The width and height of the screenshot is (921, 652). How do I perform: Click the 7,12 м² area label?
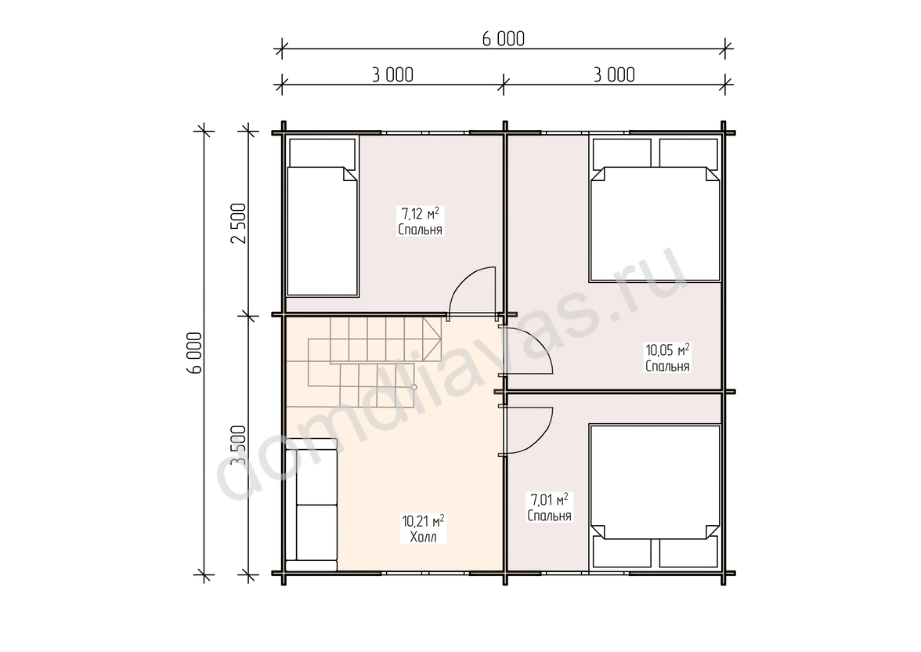(x=421, y=213)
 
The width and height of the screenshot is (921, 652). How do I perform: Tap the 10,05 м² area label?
(x=668, y=350)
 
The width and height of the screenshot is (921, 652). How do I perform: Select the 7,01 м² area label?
(x=550, y=500)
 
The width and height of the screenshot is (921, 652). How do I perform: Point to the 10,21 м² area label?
(x=423, y=521)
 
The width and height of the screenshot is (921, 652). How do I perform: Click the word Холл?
(x=423, y=537)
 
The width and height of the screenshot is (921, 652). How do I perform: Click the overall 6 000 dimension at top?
(x=504, y=39)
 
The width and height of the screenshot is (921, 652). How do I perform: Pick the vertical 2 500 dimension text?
(x=237, y=223)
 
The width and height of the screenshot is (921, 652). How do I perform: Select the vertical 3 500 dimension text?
(x=237, y=444)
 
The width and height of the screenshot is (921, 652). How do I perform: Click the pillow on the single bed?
(x=323, y=153)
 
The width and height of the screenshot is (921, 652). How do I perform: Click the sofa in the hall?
(x=312, y=505)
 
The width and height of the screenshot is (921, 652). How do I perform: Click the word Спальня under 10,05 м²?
(x=668, y=366)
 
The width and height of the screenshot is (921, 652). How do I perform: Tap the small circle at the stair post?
(x=414, y=387)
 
